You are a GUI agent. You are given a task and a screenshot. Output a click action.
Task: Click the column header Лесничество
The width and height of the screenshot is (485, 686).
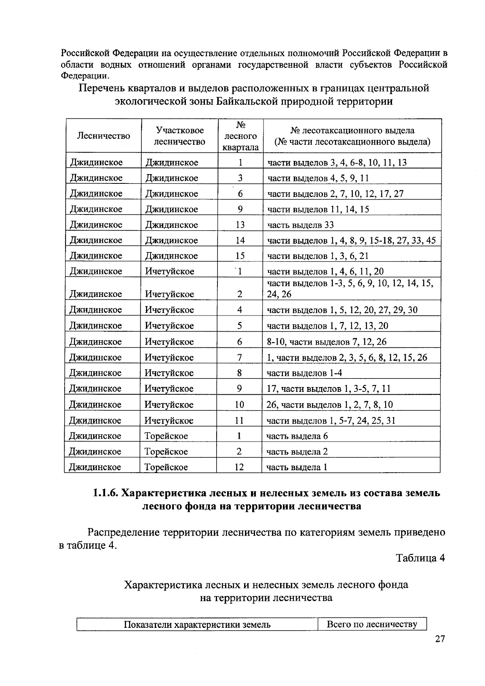click(x=103, y=136)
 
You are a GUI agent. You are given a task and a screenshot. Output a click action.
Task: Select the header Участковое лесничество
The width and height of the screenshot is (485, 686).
click(x=179, y=136)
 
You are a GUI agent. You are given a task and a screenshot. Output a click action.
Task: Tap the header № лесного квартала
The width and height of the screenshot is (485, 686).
click(x=240, y=136)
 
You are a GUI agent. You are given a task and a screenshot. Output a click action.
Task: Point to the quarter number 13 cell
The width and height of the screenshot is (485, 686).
click(x=240, y=225)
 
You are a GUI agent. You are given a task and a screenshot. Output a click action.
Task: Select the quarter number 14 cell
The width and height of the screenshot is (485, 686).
click(x=240, y=240)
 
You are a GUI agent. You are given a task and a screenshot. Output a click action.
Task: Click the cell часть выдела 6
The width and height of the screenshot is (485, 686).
click(x=297, y=436)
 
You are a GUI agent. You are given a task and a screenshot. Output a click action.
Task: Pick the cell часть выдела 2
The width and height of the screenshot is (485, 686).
click(x=297, y=452)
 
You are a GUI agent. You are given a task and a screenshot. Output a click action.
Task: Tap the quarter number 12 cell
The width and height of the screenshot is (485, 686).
click(x=239, y=467)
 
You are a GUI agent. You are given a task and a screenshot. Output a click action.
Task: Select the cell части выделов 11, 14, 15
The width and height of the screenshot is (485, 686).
click(x=318, y=209)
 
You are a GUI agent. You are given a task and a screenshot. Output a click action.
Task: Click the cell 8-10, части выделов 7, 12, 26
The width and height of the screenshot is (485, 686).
click(x=326, y=342)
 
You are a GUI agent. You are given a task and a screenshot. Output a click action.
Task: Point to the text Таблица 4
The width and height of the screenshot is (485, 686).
click(x=420, y=558)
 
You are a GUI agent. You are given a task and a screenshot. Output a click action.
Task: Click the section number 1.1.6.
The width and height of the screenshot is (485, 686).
click(x=106, y=493)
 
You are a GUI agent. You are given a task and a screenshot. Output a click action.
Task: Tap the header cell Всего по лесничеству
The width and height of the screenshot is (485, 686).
click(x=372, y=624)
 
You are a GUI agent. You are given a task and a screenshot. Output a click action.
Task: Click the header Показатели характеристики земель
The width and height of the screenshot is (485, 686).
click(x=197, y=625)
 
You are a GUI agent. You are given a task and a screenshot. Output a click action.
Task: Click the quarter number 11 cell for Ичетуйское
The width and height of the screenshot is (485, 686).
click(x=239, y=421)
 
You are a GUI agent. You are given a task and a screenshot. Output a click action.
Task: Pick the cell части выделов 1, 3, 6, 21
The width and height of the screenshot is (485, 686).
click(x=318, y=256)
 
